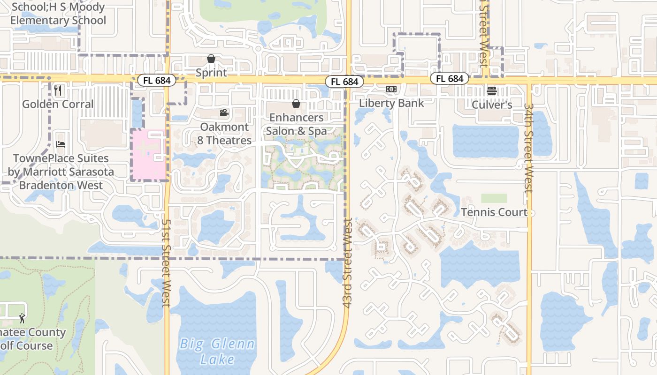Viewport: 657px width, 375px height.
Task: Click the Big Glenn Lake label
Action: point(217,352)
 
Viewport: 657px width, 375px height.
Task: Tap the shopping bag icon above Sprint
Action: point(211,59)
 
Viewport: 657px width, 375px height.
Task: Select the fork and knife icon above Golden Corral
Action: point(58,90)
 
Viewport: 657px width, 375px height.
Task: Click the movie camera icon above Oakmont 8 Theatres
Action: point(224,113)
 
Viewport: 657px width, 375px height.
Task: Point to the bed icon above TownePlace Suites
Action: point(61,144)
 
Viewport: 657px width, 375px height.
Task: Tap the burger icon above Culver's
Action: point(491,91)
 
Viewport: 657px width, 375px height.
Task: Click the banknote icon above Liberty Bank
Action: point(391,89)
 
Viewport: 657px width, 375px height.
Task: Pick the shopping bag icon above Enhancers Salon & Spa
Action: point(296,104)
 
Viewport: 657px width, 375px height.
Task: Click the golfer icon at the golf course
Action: point(22,318)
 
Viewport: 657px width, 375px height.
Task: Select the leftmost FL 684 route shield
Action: point(157,80)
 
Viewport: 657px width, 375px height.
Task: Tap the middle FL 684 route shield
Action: point(344,82)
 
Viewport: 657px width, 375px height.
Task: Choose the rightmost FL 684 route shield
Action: point(450,79)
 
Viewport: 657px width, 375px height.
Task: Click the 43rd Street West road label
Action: point(348,262)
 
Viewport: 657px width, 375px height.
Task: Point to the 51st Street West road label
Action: point(166,262)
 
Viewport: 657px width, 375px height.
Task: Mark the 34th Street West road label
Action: point(529,148)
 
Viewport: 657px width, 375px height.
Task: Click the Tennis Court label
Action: point(494,212)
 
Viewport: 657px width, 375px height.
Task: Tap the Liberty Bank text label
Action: point(391,103)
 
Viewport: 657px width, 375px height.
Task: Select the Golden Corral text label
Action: point(58,104)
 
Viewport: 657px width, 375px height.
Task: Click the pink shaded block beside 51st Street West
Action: point(149,155)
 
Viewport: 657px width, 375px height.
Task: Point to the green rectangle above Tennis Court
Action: point(494,198)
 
